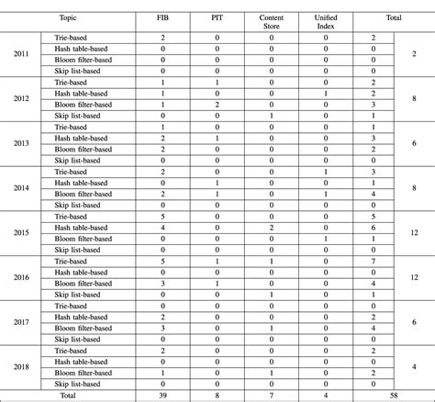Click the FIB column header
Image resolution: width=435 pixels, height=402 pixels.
tap(162, 17)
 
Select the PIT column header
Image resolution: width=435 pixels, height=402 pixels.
tap(217, 17)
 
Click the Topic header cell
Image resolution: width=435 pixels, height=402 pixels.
tap(68, 17)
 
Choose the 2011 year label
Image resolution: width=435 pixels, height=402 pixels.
tap(21, 55)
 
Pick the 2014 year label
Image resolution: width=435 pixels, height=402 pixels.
tap(21, 188)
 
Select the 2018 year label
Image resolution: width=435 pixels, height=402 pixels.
tap(21, 366)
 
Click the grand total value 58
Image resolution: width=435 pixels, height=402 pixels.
tap(393, 395)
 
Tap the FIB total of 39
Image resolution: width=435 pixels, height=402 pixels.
tap(162, 395)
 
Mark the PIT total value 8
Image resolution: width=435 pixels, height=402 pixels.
tap(217, 395)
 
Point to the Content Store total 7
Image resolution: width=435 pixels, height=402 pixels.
tap(272, 395)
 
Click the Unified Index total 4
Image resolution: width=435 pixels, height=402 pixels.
tap(326, 395)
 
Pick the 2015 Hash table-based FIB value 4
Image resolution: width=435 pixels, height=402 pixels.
tap(162, 228)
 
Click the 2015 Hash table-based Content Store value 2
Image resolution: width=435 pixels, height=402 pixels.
tap(272, 228)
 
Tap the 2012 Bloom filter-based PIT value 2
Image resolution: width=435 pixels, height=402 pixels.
tap(217, 105)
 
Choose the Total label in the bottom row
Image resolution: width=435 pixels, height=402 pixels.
tap(68, 395)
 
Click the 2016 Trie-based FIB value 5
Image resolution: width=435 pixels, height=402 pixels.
tap(162, 261)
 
